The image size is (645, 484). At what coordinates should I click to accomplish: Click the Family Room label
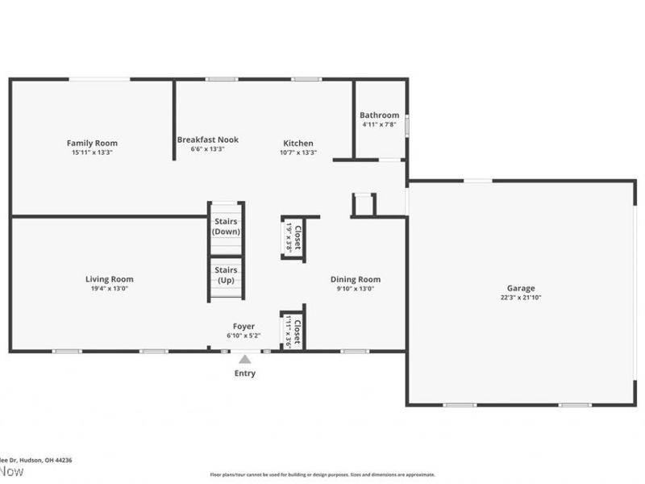pos(92,143)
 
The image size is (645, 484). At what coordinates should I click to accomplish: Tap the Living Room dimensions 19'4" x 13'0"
pos(109,288)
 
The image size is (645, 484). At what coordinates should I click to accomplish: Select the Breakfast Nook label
pos(208,140)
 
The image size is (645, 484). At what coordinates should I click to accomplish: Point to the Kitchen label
pos(298,143)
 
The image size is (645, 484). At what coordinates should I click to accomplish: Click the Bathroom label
pos(379,115)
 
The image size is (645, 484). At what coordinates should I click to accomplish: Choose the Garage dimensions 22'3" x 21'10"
pos(520,297)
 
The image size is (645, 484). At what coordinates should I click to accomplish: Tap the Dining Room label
pos(355,279)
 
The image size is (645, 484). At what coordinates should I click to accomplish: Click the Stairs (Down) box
pos(226,226)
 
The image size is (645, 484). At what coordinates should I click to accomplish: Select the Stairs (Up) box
pos(226,276)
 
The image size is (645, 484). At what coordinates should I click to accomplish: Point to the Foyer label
pos(243,326)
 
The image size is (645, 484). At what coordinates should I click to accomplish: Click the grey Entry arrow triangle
pos(244,359)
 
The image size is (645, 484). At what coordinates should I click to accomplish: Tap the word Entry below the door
pos(244,373)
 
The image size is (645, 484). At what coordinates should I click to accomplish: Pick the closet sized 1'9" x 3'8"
pos(292,236)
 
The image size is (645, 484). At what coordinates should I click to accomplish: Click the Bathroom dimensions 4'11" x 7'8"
pos(379,125)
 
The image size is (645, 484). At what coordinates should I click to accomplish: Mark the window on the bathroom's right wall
pos(406,127)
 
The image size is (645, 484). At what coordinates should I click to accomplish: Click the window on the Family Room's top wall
pos(99,79)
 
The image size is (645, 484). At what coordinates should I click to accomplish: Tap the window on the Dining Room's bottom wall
pos(354,351)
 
